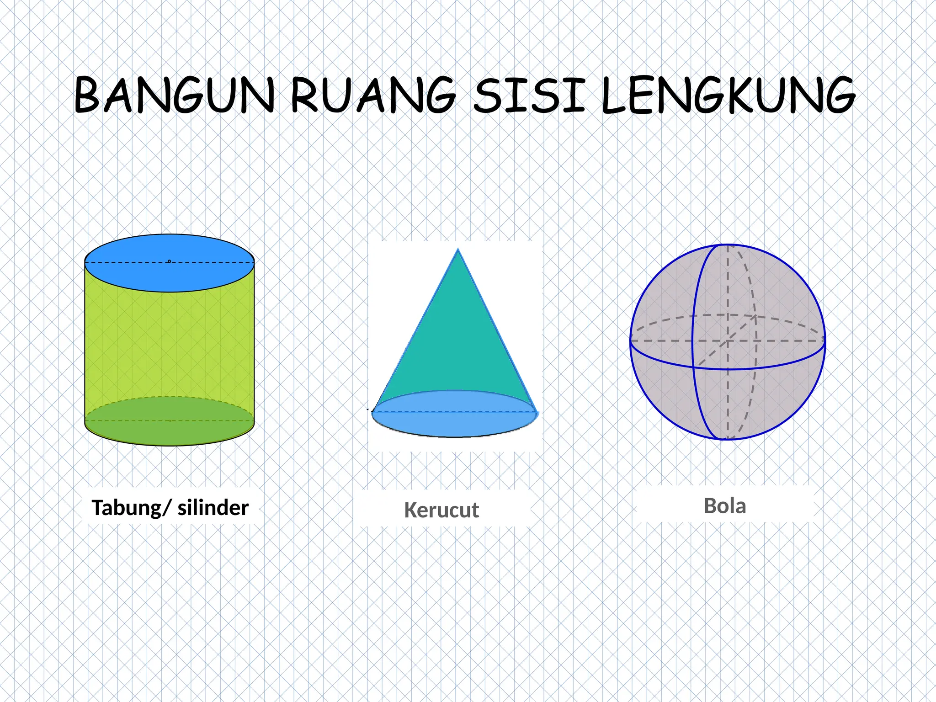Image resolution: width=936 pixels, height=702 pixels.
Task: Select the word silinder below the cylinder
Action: pos(213,508)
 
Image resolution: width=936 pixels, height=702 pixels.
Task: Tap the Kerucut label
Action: pos(441,510)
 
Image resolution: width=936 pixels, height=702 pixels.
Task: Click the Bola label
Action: pos(725,506)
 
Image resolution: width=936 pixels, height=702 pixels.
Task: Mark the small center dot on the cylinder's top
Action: pos(169,261)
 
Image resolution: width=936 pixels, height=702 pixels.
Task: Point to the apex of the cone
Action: pos(458,250)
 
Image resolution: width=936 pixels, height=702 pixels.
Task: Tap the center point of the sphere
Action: pos(728,341)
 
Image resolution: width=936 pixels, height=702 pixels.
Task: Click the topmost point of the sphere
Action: pos(728,245)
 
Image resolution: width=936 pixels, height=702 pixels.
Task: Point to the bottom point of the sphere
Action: pos(727,439)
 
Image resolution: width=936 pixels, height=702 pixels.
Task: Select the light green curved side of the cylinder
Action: pos(169,343)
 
